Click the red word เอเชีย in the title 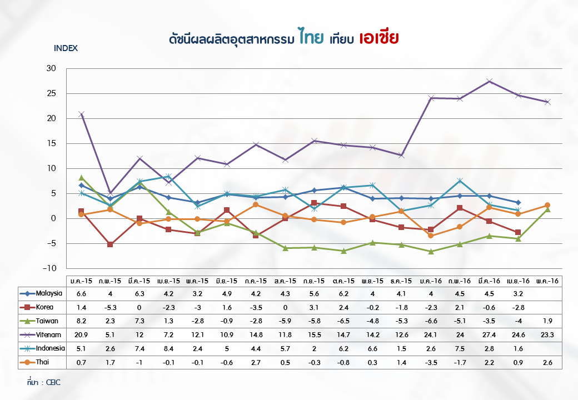(380, 37)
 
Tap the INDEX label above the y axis (66, 48)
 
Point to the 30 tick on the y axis (51, 68)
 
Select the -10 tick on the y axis (49, 268)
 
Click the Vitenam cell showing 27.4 (489, 335)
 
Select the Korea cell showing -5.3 (110, 308)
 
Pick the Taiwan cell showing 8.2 (81, 321)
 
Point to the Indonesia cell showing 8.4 (168, 349)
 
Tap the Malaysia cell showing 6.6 (81, 293)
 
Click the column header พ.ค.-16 (547, 281)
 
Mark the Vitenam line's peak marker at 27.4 (489, 81)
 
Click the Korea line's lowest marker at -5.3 (110, 244)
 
